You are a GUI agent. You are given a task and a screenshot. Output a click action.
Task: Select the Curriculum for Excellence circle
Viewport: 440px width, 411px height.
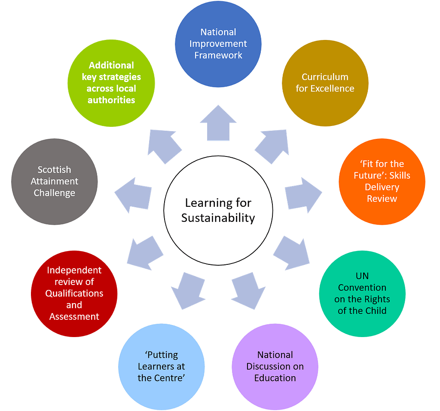(x=325, y=83)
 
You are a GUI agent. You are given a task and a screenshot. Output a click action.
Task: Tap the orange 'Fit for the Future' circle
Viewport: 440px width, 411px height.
(x=382, y=181)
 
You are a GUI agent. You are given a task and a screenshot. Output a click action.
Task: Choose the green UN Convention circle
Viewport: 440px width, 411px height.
(x=362, y=294)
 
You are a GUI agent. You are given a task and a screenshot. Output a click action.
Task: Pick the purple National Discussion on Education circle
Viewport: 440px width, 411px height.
(x=275, y=367)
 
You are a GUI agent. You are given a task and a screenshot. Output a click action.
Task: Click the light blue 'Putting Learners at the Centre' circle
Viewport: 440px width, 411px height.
(x=161, y=367)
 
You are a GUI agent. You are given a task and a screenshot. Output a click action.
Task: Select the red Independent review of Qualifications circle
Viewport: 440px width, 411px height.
(x=74, y=294)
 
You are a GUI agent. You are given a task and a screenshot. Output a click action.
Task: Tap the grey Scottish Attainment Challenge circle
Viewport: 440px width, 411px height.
(x=55, y=181)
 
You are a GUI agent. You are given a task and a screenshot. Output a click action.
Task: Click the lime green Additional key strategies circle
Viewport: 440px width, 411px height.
(x=111, y=83)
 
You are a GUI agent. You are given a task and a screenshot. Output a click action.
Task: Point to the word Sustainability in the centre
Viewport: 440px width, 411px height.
(x=218, y=218)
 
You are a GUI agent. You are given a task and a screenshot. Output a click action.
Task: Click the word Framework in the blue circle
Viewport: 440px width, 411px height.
(x=218, y=55)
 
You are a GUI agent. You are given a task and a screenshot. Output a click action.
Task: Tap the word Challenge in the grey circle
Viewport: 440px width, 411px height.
(x=55, y=193)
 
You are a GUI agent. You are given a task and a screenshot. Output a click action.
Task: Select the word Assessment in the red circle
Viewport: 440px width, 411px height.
(x=74, y=317)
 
